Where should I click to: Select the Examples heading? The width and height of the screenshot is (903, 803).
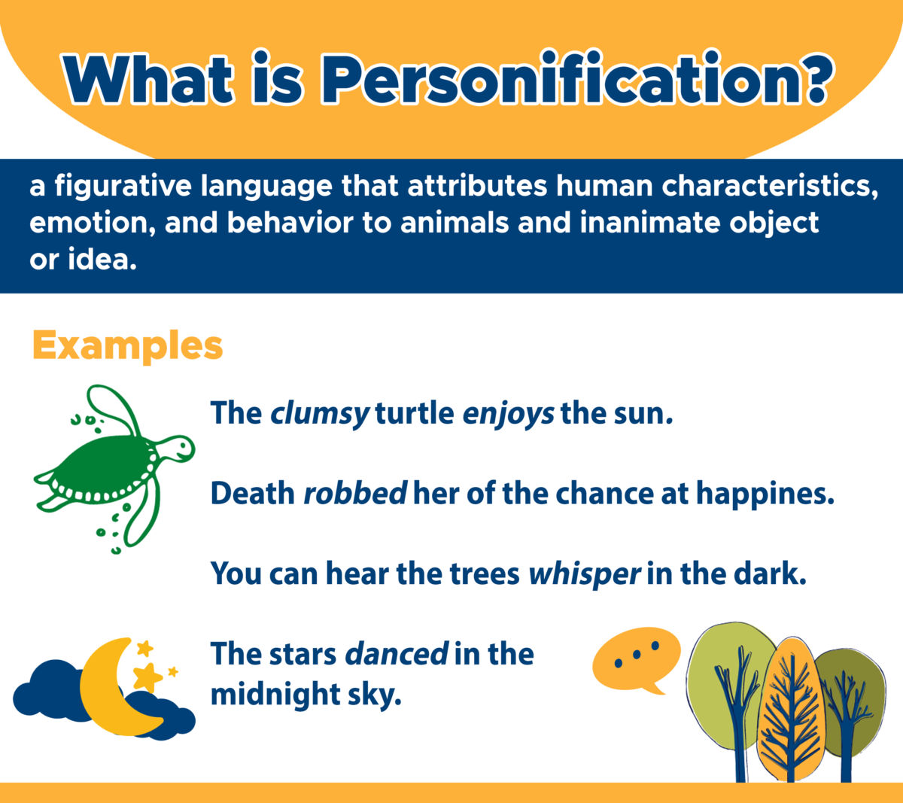point(127,345)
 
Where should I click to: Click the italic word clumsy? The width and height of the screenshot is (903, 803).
point(319,413)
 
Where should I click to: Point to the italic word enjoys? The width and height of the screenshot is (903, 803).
point(508,413)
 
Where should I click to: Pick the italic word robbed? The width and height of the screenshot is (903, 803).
point(354,494)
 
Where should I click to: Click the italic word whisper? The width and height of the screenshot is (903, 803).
point(584,573)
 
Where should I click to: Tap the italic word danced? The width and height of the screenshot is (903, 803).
point(397,653)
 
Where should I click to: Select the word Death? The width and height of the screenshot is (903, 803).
point(252,494)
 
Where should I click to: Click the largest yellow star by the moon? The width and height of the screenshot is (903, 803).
point(148,676)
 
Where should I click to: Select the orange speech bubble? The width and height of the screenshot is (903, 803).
point(636,658)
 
